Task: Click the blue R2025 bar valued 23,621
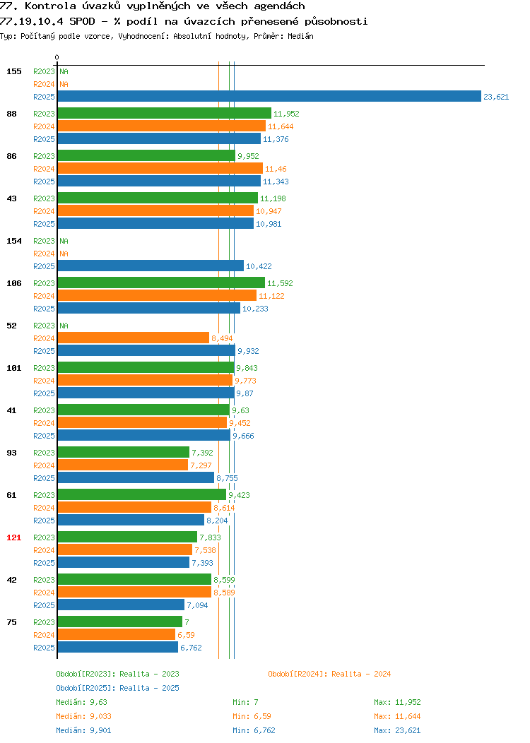pyautogui.click(x=269, y=96)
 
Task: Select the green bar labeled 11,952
pyautogui.click(x=165, y=113)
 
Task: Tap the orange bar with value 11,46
pyautogui.click(x=160, y=168)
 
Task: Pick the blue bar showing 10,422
pyautogui.click(x=151, y=266)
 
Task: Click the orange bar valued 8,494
pyautogui.click(x=134, y=338)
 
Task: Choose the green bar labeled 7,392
pyautogui.click(x=123, y=452)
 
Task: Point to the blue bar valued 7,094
pyautogui.click(x=121, y=605)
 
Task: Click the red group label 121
pyautogui.click(x=13, y=537)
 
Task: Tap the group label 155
pyautogui.click(x=13, y=71)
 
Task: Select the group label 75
pyautogui.click(x=11, y=622)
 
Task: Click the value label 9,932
pyautogui.click(x=248, y=351)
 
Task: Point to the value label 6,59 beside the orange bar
pyautogui.click(x=186, y=635)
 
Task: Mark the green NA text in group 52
pyautogui.click(x=64, y=326)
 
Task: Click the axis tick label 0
pyautogui.click(x=57, y=57)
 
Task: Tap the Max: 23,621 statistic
pyautogui.click(x=397, y=730)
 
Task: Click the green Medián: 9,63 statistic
pyautogui.click(x=81, y=702)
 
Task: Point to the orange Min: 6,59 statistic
pyautogui.click(x=252, y=716)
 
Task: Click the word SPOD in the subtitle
pyautogui.click(x=82, y=21)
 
